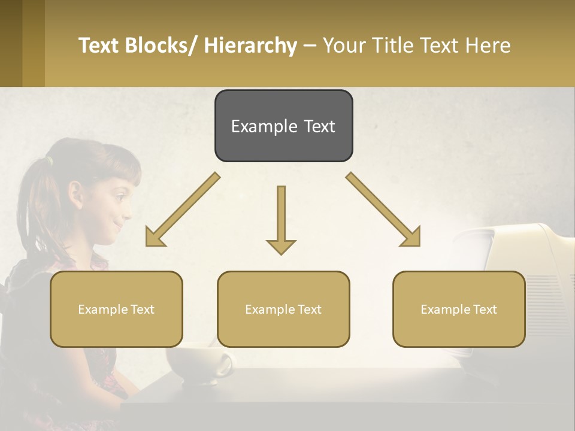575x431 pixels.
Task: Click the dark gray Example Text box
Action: click(283, 126)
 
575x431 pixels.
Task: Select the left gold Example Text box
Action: click(116, 309)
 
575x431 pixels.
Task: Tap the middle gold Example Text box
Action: click(283, 309)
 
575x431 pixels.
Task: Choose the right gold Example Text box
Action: click(459, 309)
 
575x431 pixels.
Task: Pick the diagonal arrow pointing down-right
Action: click(383, 210)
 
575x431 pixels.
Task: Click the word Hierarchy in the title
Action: click(250, 45)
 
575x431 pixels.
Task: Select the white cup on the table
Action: click(195, 362)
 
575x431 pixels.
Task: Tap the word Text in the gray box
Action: click(312, 126)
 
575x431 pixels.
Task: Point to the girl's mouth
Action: click(119, 227)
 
